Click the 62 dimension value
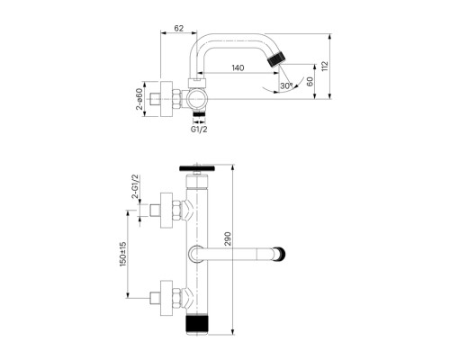tap(178, 28)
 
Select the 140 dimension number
tap(238, 67)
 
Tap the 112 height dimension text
tap(325, 67)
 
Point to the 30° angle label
tap(286, 85)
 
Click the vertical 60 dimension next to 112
tap(310, 82)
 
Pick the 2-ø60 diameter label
tap(139, 99)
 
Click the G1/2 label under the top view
tap(199, 130)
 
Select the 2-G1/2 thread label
tap(136, 186)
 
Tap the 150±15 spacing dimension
tap(123, 254)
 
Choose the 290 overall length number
tap(228, 238)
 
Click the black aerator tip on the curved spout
tap(275, 58)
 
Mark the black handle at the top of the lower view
tap(196, 168)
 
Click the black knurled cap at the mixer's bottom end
tap(196, 325)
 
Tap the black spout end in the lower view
tap(281, 254)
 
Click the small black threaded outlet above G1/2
tap(199, 113)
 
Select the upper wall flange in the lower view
tap(166, 211)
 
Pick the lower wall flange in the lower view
tap(166, 298)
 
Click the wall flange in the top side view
tap(166, 99)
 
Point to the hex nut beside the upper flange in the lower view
tap(177, 211)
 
